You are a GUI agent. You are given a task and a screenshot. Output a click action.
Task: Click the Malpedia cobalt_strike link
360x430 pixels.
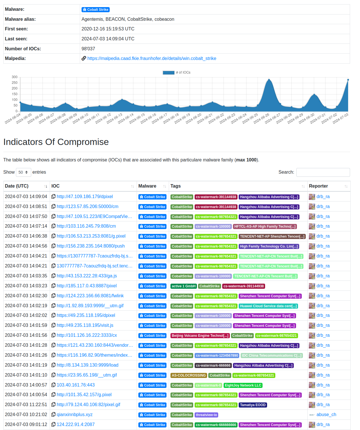(151, 59)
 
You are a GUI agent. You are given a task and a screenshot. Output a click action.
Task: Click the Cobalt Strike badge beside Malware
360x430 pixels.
(95, 10)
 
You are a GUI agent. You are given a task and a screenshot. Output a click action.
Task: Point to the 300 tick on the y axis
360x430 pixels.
(14, 77)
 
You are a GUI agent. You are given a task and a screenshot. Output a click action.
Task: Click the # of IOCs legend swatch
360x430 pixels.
(168, 72)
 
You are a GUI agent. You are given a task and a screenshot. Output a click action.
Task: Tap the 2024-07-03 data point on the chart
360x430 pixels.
(348, 80)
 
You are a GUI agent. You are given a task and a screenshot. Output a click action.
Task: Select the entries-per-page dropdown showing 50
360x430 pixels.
(24, 172)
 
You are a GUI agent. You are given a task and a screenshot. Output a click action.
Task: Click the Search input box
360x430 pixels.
(323, 172)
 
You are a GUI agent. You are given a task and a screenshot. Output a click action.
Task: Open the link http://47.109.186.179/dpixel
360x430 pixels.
(85, 197)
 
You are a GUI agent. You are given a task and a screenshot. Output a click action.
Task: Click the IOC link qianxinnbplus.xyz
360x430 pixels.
(74, 415)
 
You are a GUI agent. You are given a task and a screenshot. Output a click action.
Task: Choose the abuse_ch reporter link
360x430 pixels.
(326, 415)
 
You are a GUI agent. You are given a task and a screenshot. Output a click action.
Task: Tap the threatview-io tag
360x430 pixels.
(206, 415)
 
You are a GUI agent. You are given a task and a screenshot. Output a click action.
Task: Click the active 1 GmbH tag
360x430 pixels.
(184, 286)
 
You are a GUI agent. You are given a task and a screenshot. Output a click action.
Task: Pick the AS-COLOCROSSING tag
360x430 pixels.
(189, 375)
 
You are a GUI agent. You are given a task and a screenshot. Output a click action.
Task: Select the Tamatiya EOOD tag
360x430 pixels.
(253, 405)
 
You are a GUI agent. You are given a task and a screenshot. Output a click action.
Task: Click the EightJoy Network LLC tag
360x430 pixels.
(243, 385)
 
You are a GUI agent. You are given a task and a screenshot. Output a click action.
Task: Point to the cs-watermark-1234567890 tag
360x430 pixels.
(217, 356)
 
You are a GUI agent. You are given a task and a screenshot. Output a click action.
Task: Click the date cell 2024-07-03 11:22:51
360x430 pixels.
(26, 405)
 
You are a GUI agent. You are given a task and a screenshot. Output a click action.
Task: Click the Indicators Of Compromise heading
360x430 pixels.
(56, 142)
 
